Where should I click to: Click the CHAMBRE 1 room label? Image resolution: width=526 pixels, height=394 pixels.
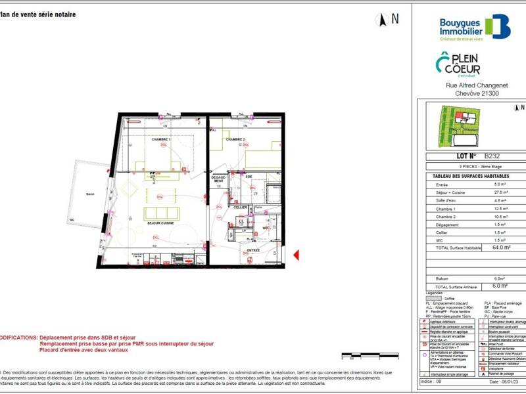161,140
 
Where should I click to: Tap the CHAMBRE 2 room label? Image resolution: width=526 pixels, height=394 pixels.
235,140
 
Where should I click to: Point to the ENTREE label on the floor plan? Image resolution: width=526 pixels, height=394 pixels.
253,250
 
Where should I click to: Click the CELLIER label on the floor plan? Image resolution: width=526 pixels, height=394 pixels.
241,208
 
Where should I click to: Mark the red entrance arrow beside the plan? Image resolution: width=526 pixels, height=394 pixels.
296,255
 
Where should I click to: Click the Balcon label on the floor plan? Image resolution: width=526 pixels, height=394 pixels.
90,194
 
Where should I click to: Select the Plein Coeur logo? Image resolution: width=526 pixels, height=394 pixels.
458,65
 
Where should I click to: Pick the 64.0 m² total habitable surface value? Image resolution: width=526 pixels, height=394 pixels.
502,248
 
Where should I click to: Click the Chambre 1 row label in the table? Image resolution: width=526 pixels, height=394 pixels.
445,209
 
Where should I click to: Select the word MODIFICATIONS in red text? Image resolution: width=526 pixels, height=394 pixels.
18,337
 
